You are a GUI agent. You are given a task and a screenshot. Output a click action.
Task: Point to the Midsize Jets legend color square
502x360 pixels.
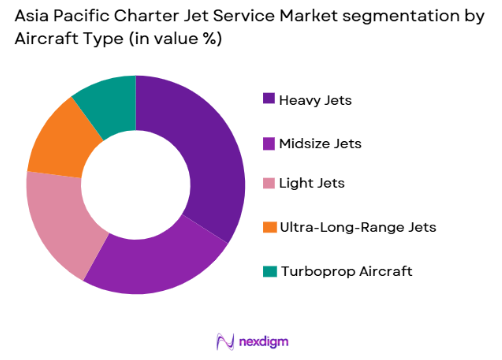click(x=269, y=143)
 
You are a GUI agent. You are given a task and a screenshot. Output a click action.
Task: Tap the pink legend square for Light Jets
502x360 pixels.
click(x=269, y=185)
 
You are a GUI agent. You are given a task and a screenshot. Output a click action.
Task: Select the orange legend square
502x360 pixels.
click(x=269, y=228)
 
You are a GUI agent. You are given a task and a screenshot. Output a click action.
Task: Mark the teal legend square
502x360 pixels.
click(x=269, y=271)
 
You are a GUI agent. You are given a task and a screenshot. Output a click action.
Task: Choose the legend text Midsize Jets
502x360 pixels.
click(x=321, y=143)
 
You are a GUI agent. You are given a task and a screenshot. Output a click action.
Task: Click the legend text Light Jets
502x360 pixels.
click(x=311, y=185)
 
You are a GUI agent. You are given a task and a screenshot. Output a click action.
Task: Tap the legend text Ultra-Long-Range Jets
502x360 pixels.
click(x=358, y=228)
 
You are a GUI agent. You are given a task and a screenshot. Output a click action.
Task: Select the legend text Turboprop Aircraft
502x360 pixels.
click(x=345, y=271)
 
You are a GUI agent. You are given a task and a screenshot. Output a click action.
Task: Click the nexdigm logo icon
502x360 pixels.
click(x=224, y=339)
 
